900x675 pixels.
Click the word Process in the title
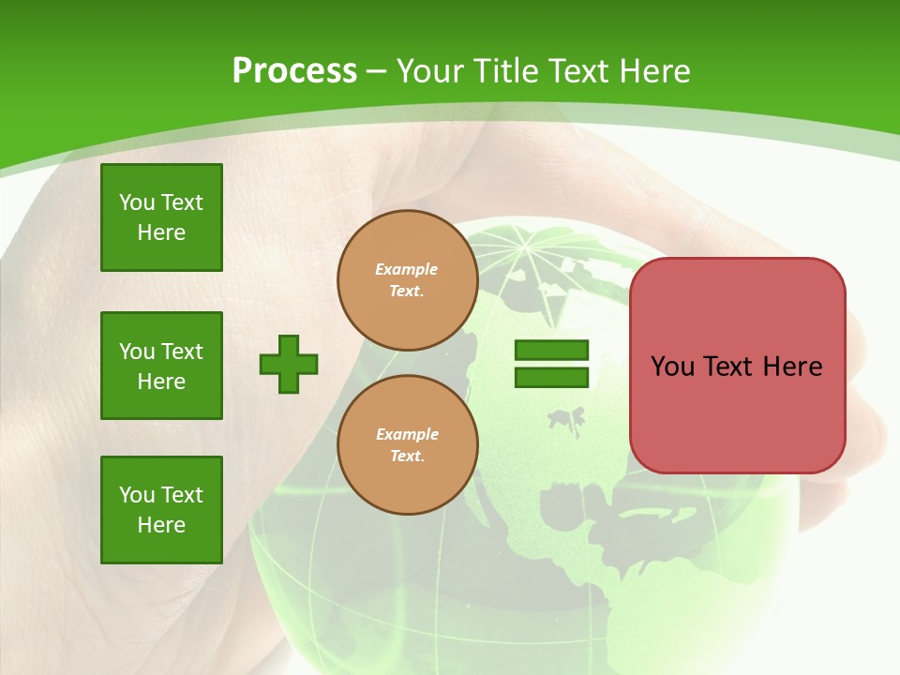[x=294, y=71]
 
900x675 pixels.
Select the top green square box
[x=161, y=217]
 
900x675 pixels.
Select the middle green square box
[x=161, y=366]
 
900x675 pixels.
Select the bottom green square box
[x=161, y=510]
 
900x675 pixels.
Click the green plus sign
[x=289, y=364]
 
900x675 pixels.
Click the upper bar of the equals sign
[x=551, y=351]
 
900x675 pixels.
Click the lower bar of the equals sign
[x=551, y=377]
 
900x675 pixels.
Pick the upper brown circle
[x=407, y=280]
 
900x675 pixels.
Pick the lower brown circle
[x=407, y=445]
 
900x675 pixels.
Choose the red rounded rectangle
[x=737, y=366]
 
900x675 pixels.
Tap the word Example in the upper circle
[x=407, y=269]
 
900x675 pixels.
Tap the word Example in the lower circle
[x=407, y=434]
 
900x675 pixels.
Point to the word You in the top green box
[x=137, y=202]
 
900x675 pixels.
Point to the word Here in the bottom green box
[x=161, y=525]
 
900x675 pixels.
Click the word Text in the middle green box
[x=181, y=352]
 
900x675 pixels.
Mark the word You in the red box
[x=672, y=367]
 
